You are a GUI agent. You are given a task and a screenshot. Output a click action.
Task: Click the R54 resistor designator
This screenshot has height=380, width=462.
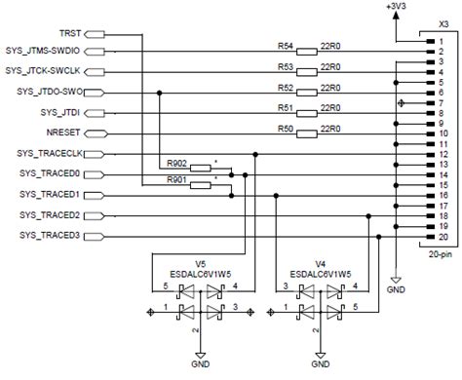pos(285,46)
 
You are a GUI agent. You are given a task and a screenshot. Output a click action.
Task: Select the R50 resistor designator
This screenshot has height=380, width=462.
pos(285,128)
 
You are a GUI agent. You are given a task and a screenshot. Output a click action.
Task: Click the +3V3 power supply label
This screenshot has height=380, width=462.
pos(395,7)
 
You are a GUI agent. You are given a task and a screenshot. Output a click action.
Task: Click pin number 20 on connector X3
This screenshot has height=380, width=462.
pos(441,237)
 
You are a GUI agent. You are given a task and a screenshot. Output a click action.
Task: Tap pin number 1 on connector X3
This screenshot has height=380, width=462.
pos(441,42)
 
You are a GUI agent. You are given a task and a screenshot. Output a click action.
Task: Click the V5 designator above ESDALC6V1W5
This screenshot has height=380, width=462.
pos(200,263)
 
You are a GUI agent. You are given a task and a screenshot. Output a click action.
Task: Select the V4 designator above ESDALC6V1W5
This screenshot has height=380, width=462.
pos(320,263)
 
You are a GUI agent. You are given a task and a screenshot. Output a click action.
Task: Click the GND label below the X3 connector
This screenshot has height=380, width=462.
pos(396,289)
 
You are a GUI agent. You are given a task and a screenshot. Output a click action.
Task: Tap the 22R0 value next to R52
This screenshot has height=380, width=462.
pos(330,87)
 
